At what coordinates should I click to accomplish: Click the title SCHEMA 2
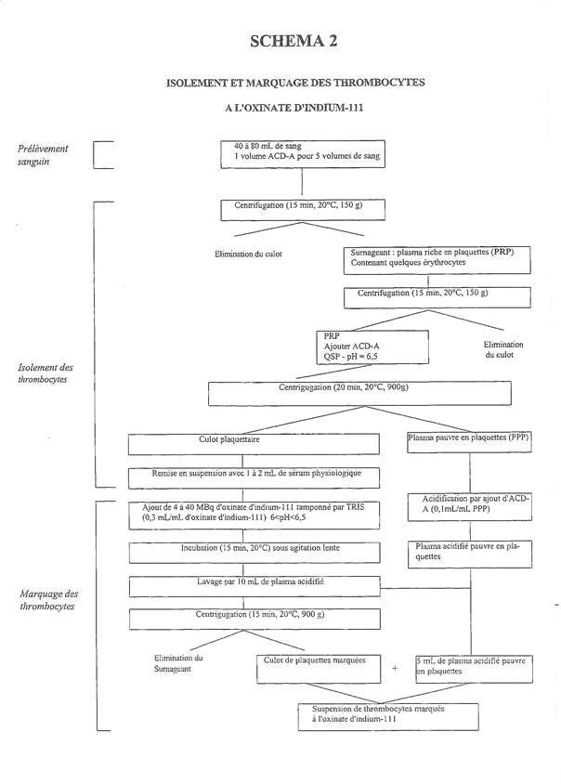pyautogui.click(x=294, y=41)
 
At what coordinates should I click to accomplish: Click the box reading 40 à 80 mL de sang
pyautogui.click(x=303, y=154)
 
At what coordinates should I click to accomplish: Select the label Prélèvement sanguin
pyautogui.click(x=43, y=155)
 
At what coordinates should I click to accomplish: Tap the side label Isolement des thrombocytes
pyautogui.click(x=46, y=373)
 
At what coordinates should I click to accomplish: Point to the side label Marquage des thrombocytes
pyautogui.click(x=48, y=600)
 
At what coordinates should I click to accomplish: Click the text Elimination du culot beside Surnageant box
pyautogui.click(x=248, y=254)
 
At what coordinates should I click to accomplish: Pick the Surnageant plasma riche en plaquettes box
pyautogui.click(x=437, y=260)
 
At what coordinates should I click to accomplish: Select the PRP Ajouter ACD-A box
pyautogui.click(x=372, y=347)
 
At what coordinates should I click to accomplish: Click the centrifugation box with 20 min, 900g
pyautogui.click(x=359, y=394)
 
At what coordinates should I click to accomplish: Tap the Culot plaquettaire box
pyautogui.click(x=254, y=444)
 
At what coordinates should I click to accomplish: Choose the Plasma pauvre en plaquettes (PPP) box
pyautogui.click(x=469, y=442)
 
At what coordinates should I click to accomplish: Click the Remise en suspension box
pyautogui.click(x=254, y=478)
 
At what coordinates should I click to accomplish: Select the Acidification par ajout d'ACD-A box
pyautogui.click(x=469, y=507)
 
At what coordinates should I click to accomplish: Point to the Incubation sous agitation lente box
pyautogui.click(x=254, y=553)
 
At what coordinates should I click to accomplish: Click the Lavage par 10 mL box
pyautogui.click(x=254, y=586)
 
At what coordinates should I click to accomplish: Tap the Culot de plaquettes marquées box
pyautogui.click(x=319, y=669)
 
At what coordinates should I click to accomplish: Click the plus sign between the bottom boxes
pyautogui.click(x=395, y=668)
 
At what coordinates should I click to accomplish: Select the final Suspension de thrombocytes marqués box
pyautogui.click(x=388, y=717)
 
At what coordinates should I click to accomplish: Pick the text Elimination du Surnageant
pyautogui.click(x=178, y=663)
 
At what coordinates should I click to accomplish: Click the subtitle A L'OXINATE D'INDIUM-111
pyautogui.click(x=294, y=108)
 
